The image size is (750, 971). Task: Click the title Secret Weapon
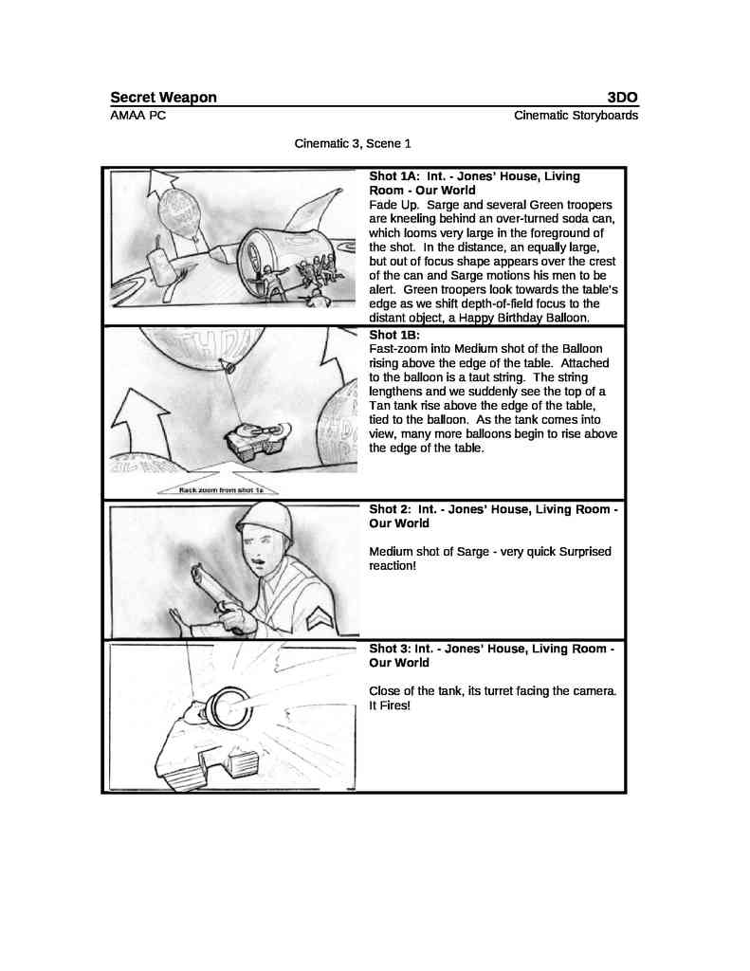(163, 98)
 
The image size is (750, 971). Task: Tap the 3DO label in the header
(622, 98)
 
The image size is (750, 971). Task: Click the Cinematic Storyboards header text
(576, 116)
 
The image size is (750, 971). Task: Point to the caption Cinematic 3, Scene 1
(353, 144)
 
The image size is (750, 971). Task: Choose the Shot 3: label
(390, 650)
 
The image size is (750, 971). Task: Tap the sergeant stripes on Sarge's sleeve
(320, 618)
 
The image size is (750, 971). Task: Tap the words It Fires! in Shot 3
(390, 706)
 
